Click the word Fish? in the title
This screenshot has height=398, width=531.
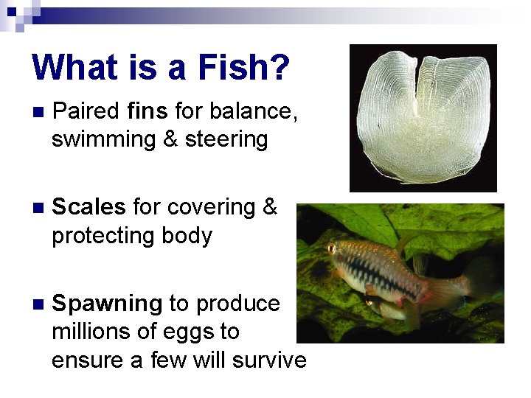[243, 67]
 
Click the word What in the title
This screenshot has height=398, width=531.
[75, 67]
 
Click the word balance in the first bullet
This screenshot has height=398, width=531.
[254, 112]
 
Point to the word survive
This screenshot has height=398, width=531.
[268, 360]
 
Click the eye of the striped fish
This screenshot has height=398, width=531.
[332, 248]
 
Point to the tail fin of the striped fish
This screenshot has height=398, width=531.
[472, 284]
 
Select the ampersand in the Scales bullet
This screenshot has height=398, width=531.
[270, 208]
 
